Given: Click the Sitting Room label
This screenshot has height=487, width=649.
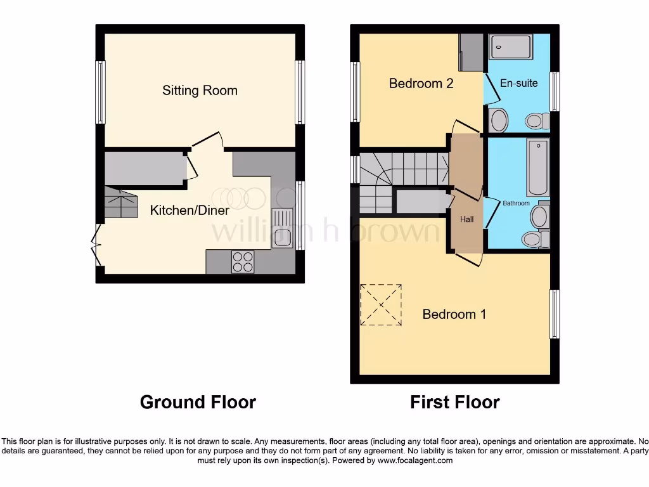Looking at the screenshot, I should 200,90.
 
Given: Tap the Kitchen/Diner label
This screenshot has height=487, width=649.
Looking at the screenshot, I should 190,210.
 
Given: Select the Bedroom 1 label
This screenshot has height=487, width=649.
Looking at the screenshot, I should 454,314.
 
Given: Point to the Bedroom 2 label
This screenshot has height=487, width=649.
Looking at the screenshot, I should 421,83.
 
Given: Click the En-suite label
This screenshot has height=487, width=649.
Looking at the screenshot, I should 518,83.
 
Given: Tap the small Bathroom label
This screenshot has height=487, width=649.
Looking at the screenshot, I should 516,204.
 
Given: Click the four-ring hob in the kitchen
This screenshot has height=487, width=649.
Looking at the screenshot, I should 243,262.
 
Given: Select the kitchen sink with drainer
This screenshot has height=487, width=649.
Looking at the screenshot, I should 282,228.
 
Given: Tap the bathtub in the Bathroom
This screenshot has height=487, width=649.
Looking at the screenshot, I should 538,168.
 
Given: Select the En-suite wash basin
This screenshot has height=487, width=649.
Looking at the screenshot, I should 499,119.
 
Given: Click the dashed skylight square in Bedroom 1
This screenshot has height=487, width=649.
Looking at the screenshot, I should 381,305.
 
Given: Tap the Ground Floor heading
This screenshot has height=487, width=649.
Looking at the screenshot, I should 198,402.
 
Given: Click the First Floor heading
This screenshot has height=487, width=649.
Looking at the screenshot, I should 454,402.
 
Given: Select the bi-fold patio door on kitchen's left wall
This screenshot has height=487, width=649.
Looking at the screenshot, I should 96,245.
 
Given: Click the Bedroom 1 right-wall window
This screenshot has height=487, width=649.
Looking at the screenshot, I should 555,314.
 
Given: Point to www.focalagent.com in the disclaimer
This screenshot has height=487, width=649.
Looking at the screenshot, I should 415,460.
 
